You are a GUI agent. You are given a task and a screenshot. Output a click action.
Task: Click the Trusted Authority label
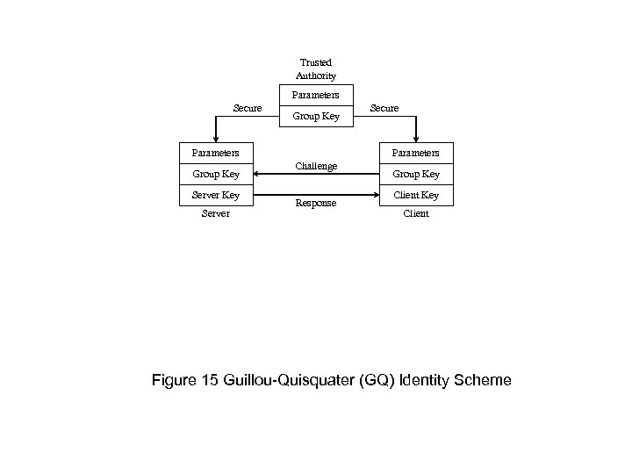coord(316,69)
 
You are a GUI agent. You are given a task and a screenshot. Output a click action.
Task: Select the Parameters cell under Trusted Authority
coord(316,95)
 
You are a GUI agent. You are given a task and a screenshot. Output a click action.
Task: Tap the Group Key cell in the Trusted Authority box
coord(316,115)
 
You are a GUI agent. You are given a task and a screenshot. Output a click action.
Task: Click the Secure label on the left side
coord(247,108)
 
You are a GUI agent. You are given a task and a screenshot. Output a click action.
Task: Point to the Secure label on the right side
coord(384,108)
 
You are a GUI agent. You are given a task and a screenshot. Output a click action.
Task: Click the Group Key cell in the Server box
coord(216,174)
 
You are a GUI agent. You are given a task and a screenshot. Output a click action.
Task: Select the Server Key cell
coord(216,195)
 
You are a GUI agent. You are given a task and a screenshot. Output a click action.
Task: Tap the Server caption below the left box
coord(215,213)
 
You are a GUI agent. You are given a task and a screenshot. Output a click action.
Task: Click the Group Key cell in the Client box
coord(416,174)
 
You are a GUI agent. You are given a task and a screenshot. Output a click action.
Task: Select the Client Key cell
coord(416,195)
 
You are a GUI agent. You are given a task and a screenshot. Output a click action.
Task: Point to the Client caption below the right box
coord(416,213)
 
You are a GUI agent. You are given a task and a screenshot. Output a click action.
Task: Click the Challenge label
coord(316,166)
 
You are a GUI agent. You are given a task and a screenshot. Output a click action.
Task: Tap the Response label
coord(316,203)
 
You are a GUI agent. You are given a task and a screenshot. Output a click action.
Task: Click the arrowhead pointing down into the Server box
coord(216,138)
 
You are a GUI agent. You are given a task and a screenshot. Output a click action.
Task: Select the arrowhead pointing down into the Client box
coord(416,138)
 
